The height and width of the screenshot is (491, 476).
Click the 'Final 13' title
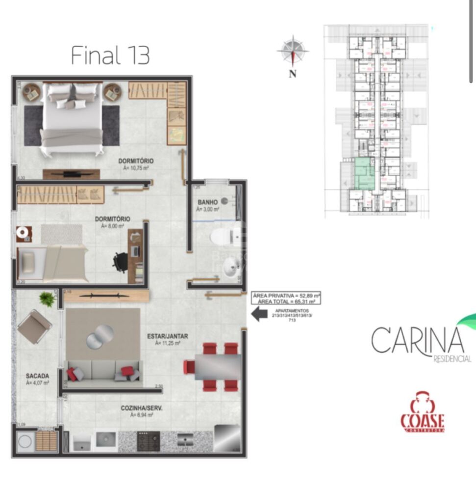click(110, 55)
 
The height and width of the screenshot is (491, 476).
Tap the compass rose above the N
click(293, 51)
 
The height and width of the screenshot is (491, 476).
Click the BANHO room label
click(207, 202)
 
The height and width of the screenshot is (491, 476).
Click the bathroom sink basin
click(229, 269)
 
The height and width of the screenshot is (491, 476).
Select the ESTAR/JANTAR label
click(168, 336)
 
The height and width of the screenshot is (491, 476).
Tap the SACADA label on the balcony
click(37, 376)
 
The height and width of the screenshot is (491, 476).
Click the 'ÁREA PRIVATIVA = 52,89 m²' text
click(286, 296)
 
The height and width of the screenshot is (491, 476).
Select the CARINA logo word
click(418, 340)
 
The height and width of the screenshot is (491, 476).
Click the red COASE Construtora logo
click(422, 412)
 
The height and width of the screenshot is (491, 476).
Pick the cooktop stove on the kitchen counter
click(148, 441)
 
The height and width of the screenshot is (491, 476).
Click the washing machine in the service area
click(25, 442)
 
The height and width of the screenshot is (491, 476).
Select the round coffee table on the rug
click(100, 336)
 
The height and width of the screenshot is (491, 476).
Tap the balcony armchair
click(34, 326)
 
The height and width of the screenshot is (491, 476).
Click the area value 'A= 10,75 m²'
click(136, 168)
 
